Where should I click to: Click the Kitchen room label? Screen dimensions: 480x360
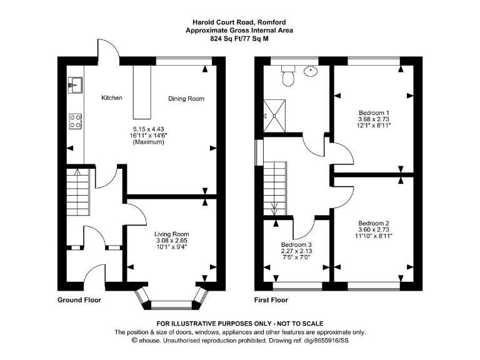[112, 98]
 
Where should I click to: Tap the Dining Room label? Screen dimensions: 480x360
[186, 99]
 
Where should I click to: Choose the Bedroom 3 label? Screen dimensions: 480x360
[296, 244]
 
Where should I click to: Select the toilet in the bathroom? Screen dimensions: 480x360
[289, 77]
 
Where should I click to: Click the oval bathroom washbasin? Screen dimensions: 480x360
[311, 71]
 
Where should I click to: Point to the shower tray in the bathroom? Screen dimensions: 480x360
[273, 116]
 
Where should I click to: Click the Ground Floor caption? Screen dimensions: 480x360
[79, 300]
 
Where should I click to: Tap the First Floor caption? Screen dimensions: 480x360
[271, 300]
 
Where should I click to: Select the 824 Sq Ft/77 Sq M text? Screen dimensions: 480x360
[239, 38]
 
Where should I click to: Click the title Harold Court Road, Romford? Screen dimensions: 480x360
[239, 22]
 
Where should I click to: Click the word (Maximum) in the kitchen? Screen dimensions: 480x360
[148, 142]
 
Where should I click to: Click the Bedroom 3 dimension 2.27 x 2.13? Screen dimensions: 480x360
[296, 252]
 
